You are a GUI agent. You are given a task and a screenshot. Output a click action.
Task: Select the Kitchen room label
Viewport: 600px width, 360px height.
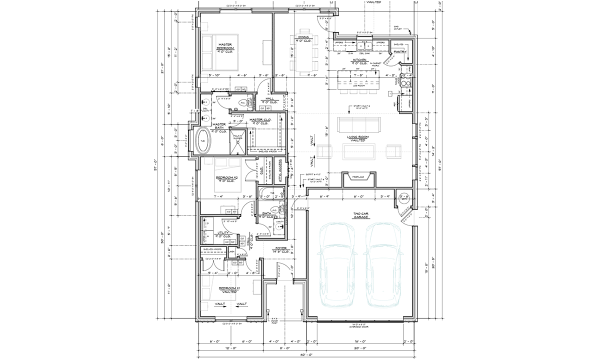click(359, 61)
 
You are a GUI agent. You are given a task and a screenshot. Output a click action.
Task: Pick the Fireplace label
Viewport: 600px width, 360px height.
click(357, 176)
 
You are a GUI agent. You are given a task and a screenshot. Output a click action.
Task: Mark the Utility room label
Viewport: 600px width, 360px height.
click(223, 234)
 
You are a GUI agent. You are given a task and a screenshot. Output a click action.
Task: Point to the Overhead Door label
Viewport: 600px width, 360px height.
click(359, 325)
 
